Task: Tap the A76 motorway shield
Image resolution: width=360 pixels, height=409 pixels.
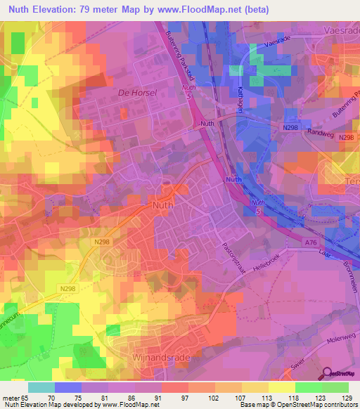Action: pos(309,242)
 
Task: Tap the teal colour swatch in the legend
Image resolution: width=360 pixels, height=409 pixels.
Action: pos(41,387)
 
